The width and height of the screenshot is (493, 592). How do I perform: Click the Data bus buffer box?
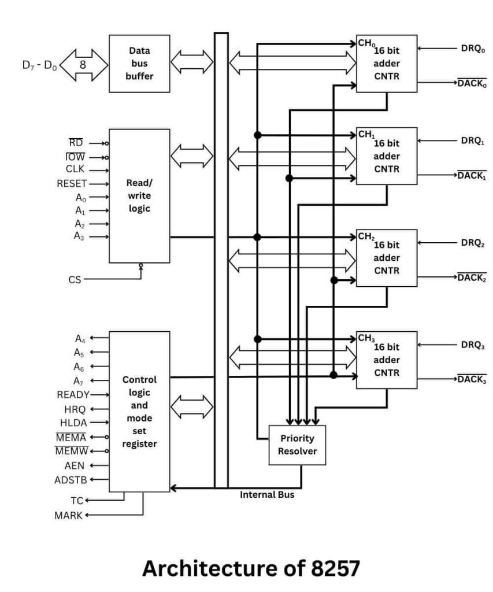tap(139, 64)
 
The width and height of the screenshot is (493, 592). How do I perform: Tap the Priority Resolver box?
tap(298, 445)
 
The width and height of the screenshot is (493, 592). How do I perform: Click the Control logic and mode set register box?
tap(139, 412)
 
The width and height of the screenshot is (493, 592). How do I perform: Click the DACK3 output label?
tap(472, 380)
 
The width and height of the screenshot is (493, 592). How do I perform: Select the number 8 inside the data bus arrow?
tap(83, 64)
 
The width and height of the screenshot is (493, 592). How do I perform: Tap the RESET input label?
tap(72, 184)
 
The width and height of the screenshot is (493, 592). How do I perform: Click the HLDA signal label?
tap(73, 423)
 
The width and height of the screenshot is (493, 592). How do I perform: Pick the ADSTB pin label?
tap(70, 479)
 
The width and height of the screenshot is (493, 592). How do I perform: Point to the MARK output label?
tap(69, 516)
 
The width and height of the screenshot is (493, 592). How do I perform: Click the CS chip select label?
tap(75, 280)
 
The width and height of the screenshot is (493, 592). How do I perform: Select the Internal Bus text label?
tap(267, 495)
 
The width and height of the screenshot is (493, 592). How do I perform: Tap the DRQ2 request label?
tap(473, 243)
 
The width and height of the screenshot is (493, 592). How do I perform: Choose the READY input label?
tap(73, 394)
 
